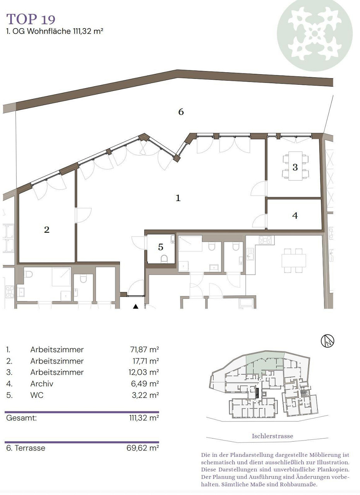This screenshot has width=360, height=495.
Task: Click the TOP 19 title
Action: [31, 19]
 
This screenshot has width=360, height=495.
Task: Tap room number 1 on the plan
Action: [178, 198]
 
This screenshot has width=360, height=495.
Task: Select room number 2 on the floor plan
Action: [47, 230]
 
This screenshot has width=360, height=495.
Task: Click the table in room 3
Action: [295, 166]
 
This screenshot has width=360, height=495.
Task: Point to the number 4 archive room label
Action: [295, 215]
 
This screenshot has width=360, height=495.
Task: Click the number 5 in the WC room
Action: [161, 247]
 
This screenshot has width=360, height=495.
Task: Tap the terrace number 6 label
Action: [181, 112]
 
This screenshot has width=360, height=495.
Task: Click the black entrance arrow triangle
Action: [135, 306]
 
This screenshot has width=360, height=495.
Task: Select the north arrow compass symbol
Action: [327, 341]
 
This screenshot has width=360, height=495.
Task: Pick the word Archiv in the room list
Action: [42, 384]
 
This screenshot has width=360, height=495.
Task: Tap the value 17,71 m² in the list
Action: [146, 361]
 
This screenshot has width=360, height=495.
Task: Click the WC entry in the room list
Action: [37, 395]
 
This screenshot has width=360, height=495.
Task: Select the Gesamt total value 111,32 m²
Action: [144, 418]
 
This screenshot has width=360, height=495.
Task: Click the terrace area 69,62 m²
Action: [142, 448]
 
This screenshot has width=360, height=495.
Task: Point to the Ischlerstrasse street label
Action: [273, 436]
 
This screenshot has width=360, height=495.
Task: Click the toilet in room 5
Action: [164, 259]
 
